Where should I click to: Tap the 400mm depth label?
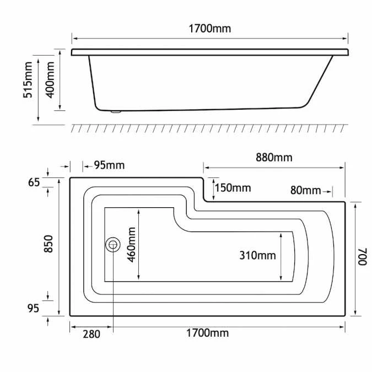(x=50, y=79)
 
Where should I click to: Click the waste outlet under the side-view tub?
(x=116, y=112)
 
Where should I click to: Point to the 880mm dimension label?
(x=273, y=158)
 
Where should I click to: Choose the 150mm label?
(x=233, y=188)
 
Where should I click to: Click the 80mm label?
(x=305, y=191)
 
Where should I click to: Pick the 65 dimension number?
(x=34, y=182)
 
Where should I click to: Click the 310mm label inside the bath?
(x=257, y=255)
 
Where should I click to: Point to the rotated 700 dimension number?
(x=361, y=257)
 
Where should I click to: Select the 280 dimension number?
(x=91, y=333)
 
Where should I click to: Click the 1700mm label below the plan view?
(x=207, y=333)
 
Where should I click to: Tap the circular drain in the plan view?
(x=113, y=244)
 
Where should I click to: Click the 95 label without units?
(x=34, y=308)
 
